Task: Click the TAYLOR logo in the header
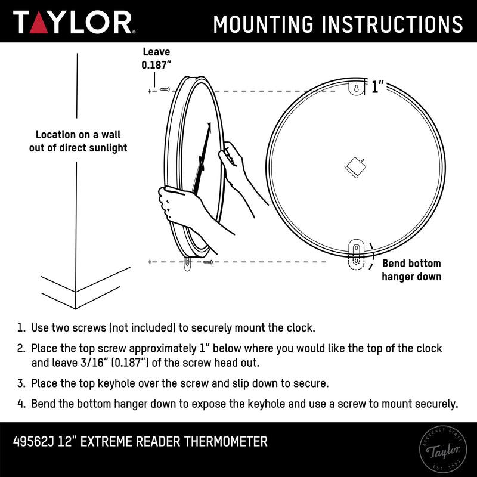point(73,23)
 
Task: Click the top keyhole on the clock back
point(355,89)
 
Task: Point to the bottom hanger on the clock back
point(356,253)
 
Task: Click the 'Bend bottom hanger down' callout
point(411,270)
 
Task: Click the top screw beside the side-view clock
point(165,89)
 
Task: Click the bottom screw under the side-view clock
point(207,262)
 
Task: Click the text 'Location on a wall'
point(78,135)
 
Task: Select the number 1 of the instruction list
point(21,328)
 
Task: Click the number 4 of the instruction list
point(21,404)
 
